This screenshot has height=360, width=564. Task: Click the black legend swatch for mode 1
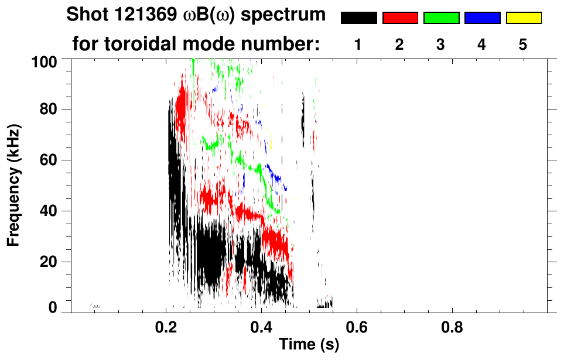[x=358, y=18]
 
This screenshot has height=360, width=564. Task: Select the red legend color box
[x=400, y=18]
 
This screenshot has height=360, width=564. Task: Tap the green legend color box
[x=441, y=18]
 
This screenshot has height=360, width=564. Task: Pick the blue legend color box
[x=482, y=18]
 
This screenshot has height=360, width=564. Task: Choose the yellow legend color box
[x=523, y=18]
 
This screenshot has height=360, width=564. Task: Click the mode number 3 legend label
[x=440, y=45]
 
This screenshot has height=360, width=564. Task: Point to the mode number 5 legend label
[x=522, y=45]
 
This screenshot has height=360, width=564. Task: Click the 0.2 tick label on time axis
[x=166, y=328]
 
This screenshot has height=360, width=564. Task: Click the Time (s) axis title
[x=309, y=345]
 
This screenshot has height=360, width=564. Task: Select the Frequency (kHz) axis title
[x=14, y=185]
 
